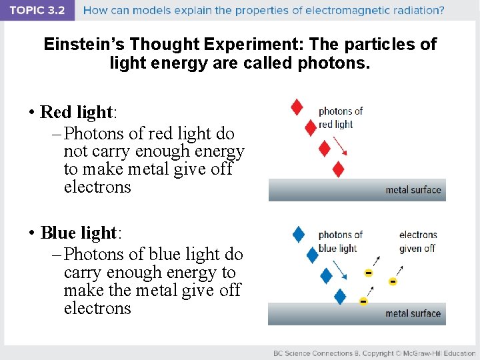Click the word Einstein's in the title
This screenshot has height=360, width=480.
click(x=84, y=45)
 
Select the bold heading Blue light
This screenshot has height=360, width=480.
click(x=79, y=233)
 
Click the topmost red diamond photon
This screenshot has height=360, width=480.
click(x=297, y=107)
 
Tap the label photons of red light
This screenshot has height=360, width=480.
click(x=340, y=118)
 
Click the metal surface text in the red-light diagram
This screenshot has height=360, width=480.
click(x=413, y=190)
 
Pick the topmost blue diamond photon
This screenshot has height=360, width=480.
click(x=299, y=234)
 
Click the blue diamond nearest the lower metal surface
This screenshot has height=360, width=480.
click(x=340, y=297)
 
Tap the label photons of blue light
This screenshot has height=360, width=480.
click(x=340, y=241)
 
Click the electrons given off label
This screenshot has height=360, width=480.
click(x=417, y=241)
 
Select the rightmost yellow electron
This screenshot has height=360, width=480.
click(x=393, y=282)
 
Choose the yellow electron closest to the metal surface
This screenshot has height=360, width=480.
click(x=363, y=301)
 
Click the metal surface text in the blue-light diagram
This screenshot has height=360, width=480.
click(x=413, y=313)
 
